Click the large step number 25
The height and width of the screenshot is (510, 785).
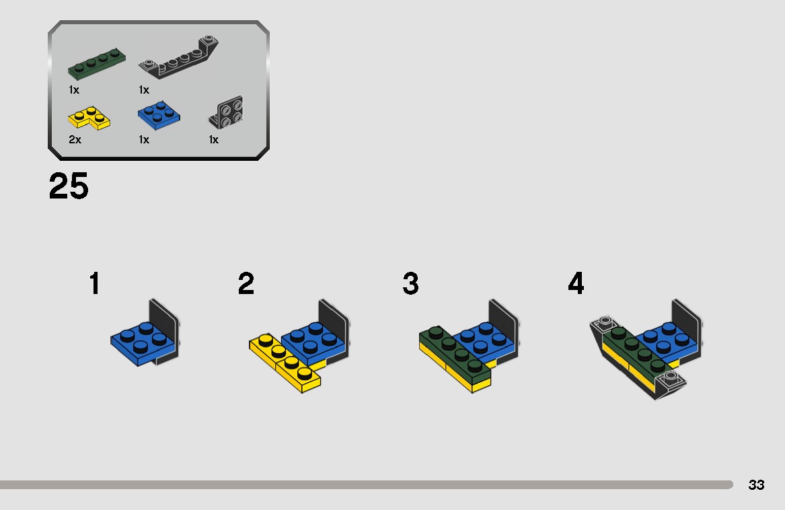click(x=69, y=186)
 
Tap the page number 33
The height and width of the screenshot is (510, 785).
click(x=756, y=485)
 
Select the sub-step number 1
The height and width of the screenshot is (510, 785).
click(x=95, y=284)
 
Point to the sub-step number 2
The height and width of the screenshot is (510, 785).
click(x=246, y=284)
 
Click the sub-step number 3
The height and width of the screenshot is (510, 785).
click(x=410, y=284)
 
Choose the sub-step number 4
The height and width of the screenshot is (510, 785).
click(x=576, y=284)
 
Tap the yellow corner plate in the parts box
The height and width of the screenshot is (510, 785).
click(x=89, y=118)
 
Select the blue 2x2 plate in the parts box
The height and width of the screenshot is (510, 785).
click(x=159, y=114)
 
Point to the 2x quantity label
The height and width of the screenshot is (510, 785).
click(x=75, y=140)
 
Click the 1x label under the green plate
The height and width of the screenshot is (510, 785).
click(x=74, y=89)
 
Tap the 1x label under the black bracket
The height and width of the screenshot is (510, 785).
click(x=213, y=140)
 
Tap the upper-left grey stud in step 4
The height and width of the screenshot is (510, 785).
click(x=604, y=321)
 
